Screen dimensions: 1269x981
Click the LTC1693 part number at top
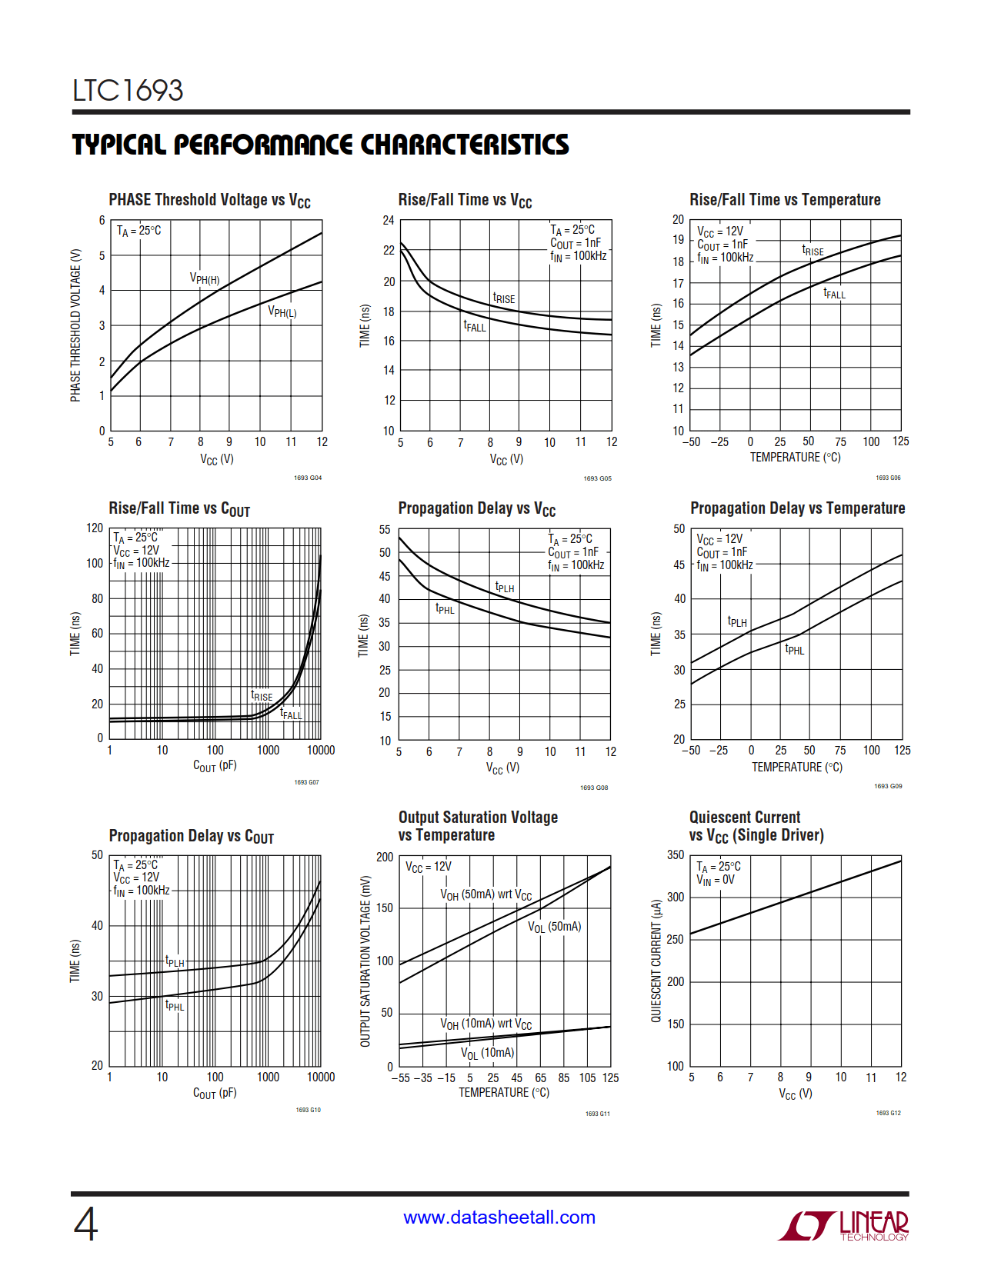(128, 91)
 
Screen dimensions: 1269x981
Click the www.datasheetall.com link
(499, 1217)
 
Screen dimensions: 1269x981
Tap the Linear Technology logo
(844, 1225)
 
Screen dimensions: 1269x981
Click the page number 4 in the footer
(85, 1224)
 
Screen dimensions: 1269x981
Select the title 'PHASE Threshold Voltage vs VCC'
(209, 201)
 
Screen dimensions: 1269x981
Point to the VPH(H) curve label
(205, 278)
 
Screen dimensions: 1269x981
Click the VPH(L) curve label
(282, 311)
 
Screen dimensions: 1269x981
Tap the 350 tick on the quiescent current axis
(676, 855)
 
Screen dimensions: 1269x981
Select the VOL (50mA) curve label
(554, 927)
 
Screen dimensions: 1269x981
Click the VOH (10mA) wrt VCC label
(485, 1024)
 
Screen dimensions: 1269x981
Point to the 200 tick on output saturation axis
(385, 857)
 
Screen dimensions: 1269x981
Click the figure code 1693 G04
(308, 478)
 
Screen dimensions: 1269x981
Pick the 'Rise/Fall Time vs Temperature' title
(785, 200)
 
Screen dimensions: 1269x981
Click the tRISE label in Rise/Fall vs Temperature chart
(812, 251)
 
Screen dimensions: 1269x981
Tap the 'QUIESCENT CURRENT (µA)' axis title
(656, 961)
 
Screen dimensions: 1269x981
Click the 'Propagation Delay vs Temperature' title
(797, 508)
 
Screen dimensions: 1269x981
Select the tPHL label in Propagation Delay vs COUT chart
(175, 1006)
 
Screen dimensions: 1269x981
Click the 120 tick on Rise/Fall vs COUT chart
(95, 528)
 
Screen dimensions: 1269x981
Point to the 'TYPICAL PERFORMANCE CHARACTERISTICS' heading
(321, 145)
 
